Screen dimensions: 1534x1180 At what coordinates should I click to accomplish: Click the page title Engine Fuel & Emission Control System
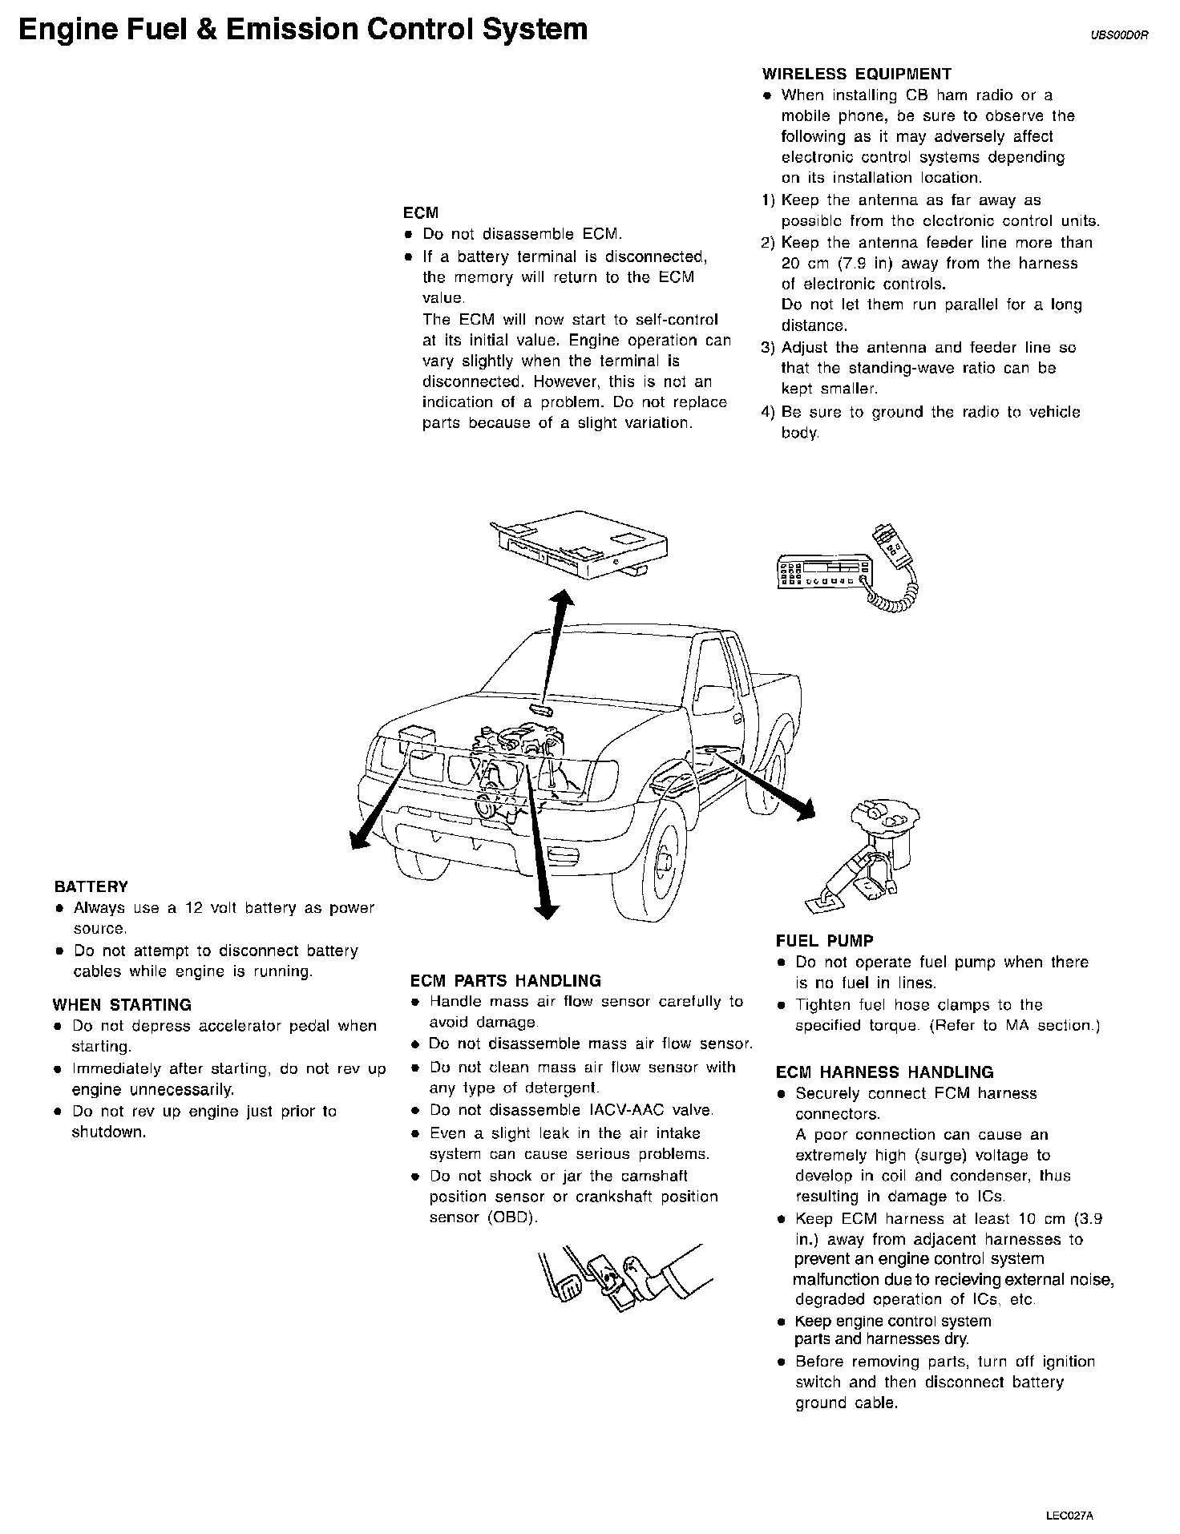(303, 30)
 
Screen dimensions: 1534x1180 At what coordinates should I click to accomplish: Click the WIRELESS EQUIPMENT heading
(856, 75)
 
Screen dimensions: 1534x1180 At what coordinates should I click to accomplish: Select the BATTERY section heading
(91, 887)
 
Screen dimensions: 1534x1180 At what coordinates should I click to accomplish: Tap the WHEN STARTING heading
(122, 1005)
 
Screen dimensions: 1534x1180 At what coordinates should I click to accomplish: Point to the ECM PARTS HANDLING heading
(505, 981)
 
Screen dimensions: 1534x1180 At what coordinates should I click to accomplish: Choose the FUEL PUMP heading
(824, 942)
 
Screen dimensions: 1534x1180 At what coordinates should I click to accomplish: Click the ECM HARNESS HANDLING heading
(884, 1072)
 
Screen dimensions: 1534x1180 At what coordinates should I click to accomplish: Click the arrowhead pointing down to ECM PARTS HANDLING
(547, 908)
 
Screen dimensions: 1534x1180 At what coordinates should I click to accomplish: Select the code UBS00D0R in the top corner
(1119, 35)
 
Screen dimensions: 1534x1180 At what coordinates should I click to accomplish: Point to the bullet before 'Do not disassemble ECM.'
(408, 236)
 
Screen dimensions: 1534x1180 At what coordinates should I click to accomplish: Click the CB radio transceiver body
(824, 571)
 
